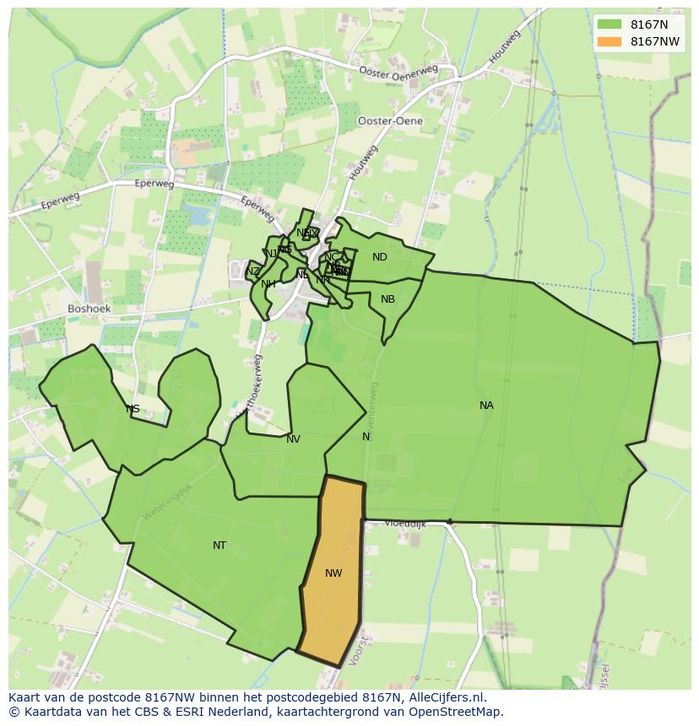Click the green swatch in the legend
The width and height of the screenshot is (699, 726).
click(609, 24)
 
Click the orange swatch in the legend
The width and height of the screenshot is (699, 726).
click(609, 41)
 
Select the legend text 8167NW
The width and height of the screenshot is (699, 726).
click(654, 41)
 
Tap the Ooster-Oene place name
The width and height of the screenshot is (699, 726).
click(390, 121)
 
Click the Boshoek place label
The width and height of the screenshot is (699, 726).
click(89, 309)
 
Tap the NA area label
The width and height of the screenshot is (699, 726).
click(486, 406)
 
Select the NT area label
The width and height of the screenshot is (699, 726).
click(219, 546)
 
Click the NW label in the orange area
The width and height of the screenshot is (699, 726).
click(333, 573)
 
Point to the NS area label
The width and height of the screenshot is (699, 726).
click(133, 409)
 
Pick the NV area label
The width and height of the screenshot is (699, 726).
click(293, 439)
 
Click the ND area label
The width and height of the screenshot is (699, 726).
click(380, 257)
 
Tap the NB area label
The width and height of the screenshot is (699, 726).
click(387, 299)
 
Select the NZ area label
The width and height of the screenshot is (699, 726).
click(253, 272)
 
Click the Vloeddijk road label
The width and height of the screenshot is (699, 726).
click(405, 524)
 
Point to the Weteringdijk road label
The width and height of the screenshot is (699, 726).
click(166, 500)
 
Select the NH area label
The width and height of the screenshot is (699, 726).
click(268, 284)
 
